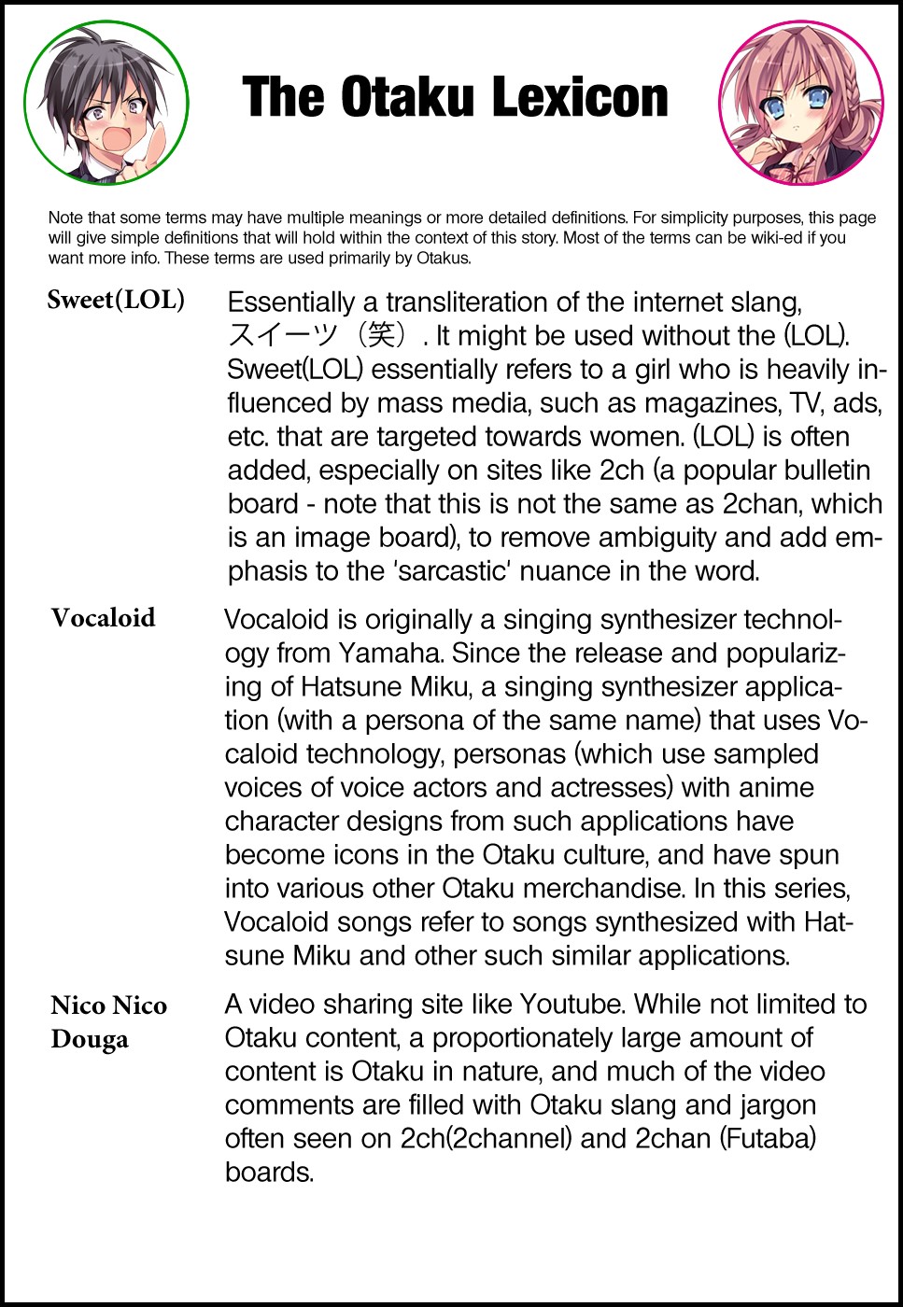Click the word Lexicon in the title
point(580,97)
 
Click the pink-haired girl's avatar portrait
point(800,102)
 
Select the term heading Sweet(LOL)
point(116,300)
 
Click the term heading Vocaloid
point(103,618)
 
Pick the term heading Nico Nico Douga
point(108,1021)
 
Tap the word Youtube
point(574,1004)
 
